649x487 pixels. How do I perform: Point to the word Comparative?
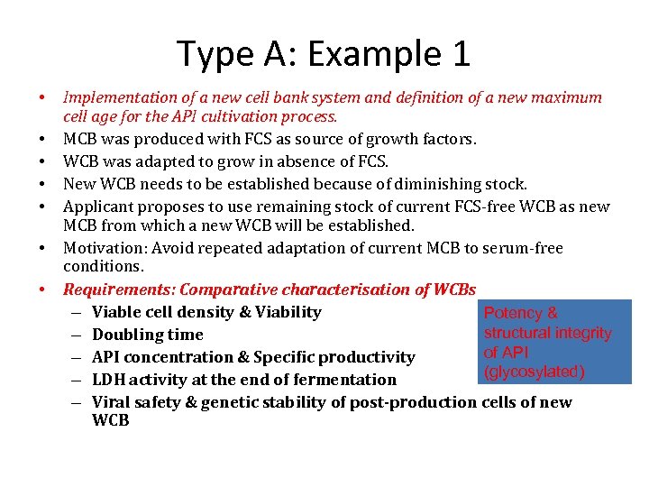pyautogui.click(x=228, y=289)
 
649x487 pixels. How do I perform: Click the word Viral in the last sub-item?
pyautogui.click(x=114, y=402)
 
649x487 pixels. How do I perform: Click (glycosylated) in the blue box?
pyautogui.click(x=534, y=372)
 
